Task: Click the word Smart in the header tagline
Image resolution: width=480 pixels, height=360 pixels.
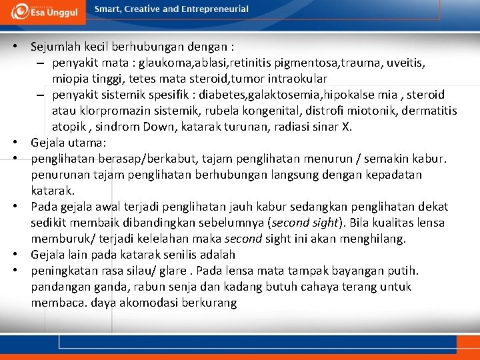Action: coord(109,9)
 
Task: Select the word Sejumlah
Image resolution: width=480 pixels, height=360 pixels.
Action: coord(54,47)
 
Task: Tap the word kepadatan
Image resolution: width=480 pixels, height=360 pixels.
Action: coord(392,175)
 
